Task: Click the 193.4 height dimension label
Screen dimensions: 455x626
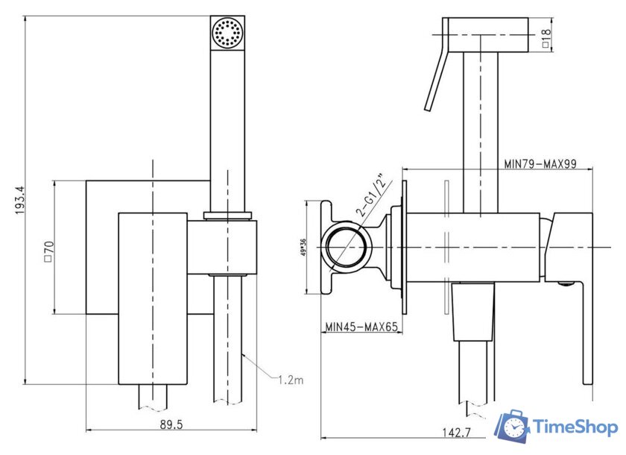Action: (x=19, y=200)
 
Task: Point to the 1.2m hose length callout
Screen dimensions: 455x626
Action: (x=291, y=380)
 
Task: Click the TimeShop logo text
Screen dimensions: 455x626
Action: (x=575, y=427)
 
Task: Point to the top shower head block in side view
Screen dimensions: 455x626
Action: (x=485, y=34)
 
